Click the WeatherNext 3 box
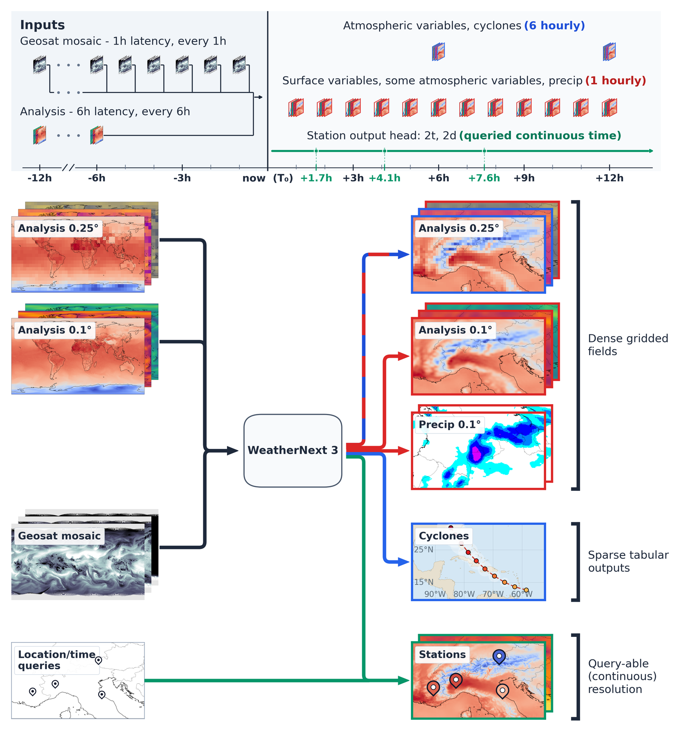coord(292,450)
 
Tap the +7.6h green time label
coord(484,178)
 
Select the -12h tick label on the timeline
coord(40,178)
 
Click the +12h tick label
coord(609,178)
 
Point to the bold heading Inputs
coord(42,25)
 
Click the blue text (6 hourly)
coord(554,26)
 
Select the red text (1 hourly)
coord(615,81)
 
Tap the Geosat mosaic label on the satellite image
coord(59,536)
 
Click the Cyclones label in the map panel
coord(444,536)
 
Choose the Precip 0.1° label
coord(450,424)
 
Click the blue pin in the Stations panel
coord(499,656)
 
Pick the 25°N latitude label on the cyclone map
coord(424,549)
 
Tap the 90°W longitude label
coord(435,594)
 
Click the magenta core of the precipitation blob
coord(476,453)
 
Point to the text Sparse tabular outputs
coord(628,561)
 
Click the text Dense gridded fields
coord(628,345)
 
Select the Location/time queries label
coord(57,660)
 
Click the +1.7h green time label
coord(316,178)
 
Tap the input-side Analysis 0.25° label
coord(58,228)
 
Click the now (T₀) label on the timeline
coord(268,178)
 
